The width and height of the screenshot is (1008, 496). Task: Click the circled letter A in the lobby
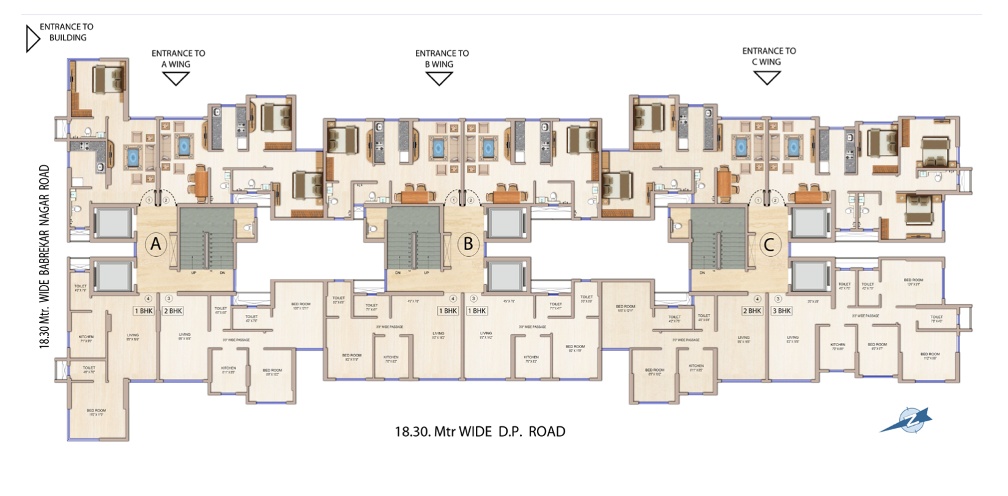tap(156, 244)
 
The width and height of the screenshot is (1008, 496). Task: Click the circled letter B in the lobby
tap(468, 243)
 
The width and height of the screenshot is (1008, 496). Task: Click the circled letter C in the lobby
tap(769, 245)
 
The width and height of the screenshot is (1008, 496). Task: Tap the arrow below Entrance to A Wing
tap(176, 78)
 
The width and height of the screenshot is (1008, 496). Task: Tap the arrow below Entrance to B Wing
tap(439, 78)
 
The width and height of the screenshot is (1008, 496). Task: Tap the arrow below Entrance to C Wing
tap(767, 76)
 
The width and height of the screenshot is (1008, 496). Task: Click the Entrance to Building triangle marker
tap(32, 38)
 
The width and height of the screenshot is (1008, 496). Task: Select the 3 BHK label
tap(782, 311)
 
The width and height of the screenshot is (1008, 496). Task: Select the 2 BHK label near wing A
tap(173, 311)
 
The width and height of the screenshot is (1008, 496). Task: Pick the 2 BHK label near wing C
tap(752, 311)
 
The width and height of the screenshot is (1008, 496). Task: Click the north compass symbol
tap(908, 421)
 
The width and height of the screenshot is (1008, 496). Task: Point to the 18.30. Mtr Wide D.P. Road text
tap(480, 432)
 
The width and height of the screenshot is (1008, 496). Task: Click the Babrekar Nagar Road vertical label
tap(45, 257)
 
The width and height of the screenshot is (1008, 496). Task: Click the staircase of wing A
tap(207, 239)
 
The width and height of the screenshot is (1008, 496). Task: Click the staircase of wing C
tap(719, 239)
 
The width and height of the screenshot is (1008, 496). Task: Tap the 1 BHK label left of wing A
tap(144, 311)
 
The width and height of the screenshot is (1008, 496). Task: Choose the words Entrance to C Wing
tap(769, 56)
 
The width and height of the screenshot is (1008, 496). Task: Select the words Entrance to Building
tap(67, 32)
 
